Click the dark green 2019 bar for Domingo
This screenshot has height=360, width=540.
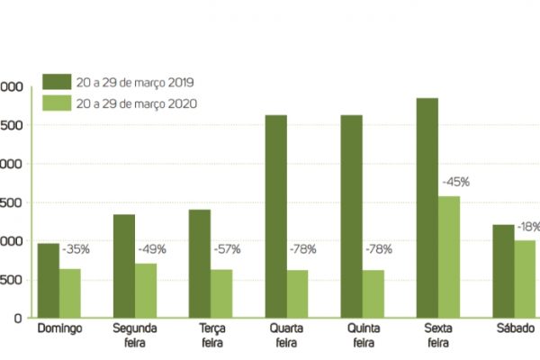tap(49, 280)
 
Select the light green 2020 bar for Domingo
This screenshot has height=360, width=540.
tap(70, 292)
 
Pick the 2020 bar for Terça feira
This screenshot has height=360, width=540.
tap(221, 292)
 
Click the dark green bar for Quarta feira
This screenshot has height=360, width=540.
tap(276, 216)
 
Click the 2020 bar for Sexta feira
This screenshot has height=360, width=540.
tap(449, 256)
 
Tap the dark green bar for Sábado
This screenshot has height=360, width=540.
tap(503, 271)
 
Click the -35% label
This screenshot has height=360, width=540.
tap(76, 248)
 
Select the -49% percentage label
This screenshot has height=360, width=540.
tap(151, 248)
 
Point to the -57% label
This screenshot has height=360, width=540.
tap(227, 248)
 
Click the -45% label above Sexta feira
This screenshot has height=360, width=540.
tap(455, 182)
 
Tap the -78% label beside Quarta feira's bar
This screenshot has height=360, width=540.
tap(303, 248)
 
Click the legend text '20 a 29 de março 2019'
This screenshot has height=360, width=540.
tap(136, 82)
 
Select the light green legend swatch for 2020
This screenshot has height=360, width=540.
tap(53, 103)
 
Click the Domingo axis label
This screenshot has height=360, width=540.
tap(60, 329)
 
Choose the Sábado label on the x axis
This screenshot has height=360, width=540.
tap(514, 329)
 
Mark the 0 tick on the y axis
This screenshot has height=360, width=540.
tap(17, 318)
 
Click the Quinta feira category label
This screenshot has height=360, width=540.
tap(363, 336)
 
